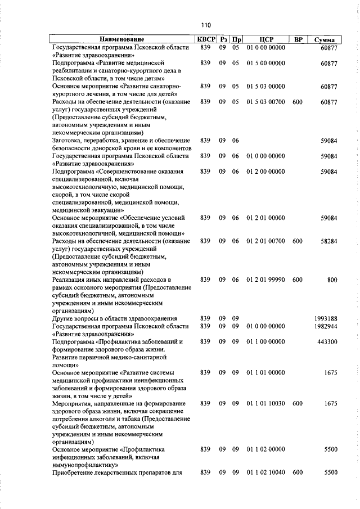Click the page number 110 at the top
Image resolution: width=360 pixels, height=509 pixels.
point(205,25)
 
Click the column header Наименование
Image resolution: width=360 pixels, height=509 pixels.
point(122,40)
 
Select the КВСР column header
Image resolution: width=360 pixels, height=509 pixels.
point(205,40)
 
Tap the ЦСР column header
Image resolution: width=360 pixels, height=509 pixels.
point(267,40)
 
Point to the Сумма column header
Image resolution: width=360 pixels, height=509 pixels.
point(325,40)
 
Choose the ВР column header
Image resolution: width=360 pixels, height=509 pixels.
point(299,40)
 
